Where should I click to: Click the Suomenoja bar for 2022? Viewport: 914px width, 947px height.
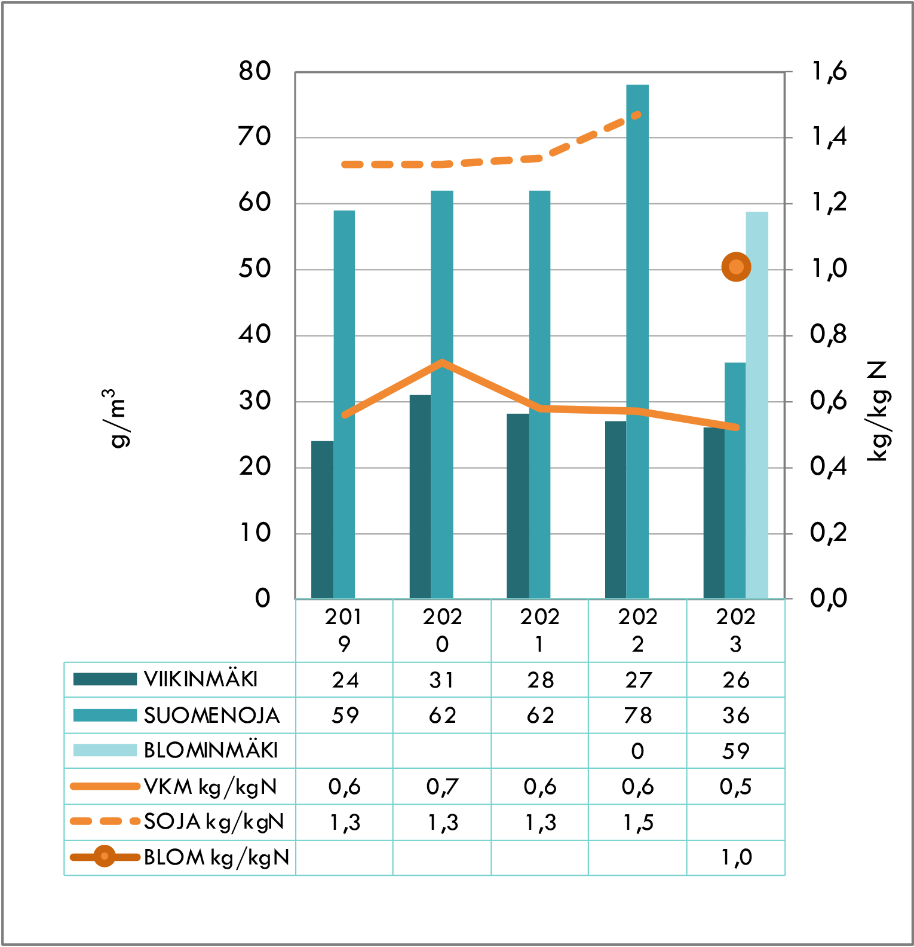(x=637, y=341)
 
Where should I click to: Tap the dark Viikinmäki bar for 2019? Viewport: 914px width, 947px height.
(x=322, y=520)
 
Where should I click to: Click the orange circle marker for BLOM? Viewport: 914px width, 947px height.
(x=736, y=267)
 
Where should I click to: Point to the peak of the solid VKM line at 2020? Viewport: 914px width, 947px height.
(x=441, y=362)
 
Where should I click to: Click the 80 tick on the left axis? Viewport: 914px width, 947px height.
(x=255, y=71)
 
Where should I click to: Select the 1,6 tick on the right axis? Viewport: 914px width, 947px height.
(x=829, y=71)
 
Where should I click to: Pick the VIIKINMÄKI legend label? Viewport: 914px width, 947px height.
(x=201, y=679)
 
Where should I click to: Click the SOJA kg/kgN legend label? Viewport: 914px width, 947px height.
(x=214, y=821)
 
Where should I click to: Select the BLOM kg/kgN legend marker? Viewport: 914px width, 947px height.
(x=105, y=857)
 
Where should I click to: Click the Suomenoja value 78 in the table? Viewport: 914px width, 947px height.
(x=637, y=715)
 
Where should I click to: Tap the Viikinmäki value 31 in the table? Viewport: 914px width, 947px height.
(x=441, y=680)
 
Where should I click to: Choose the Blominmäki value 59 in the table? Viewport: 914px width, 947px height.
(x=735, y=751)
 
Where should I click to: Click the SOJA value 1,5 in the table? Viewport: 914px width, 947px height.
(x=637, y=823)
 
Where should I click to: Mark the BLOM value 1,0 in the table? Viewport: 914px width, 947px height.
(x=735, y=857)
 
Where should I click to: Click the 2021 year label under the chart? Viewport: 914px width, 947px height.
(x=539, y=630)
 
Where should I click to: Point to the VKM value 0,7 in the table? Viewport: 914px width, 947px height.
(x=441, y=787)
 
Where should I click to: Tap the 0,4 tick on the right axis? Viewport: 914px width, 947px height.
(x=829, y=466)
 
